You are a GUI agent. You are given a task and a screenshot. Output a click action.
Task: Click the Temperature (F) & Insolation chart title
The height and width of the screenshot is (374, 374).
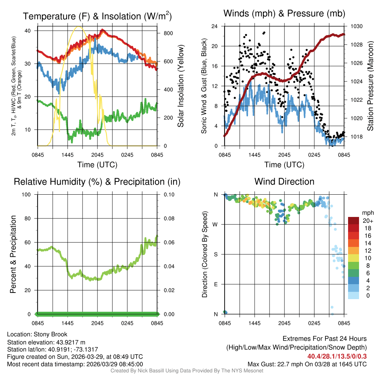click(x=97, y=16)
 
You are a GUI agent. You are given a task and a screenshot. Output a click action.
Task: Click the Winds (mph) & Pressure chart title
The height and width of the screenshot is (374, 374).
click(x=284, y=14)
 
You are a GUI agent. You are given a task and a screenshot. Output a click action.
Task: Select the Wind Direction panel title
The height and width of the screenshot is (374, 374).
click(x=284, y=182)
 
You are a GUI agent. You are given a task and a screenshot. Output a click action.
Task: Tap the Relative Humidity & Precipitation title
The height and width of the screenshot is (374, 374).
click(x=97, y=182)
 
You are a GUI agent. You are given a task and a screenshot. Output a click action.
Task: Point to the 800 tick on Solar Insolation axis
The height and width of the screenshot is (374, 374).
click(x=168, y=33)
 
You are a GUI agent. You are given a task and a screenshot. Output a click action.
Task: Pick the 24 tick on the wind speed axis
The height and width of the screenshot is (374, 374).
click(x=215, y=26)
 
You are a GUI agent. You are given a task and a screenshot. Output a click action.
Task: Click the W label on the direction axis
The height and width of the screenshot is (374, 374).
click(x=216, y=224)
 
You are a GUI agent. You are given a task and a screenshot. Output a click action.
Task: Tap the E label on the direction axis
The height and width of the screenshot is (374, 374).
click(x=216, y=284)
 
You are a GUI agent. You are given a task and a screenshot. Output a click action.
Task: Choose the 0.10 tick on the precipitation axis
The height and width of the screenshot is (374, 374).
click(x=168, y=194)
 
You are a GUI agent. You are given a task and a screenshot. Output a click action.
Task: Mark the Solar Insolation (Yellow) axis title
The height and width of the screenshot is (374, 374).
click(x=181, y=86)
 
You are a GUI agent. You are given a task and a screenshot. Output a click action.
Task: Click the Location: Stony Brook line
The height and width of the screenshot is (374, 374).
click(x=37, y=334)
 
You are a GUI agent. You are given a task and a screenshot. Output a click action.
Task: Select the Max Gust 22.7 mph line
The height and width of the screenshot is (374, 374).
click(x=307, y=364)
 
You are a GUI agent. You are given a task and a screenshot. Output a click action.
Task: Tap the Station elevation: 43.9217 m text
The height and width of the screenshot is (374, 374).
click(x=46, y=342)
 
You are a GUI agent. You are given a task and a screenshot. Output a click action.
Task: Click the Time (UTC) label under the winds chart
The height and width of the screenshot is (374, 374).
click(x=284, y=165)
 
